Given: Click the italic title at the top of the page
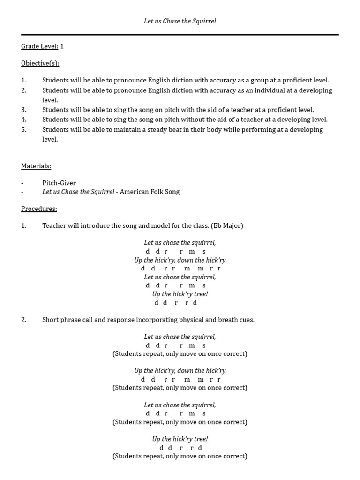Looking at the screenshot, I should tap(180, 21).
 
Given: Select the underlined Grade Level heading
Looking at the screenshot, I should tap(39, 46).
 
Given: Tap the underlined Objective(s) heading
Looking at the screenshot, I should tap(40, 63).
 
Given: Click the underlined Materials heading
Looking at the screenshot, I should tap(36, 166).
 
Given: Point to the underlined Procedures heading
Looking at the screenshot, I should tap(39, 209).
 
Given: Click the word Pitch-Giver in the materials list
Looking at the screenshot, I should tap(59, 183).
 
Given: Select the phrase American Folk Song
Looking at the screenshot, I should tap(150, 192).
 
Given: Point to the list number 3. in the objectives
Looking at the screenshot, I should tap(24, 110).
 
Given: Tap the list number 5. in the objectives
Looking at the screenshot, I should tap(24, 129).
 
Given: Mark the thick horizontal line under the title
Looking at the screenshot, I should tap(180, 34).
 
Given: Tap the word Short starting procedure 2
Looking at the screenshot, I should tap(51, 320).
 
